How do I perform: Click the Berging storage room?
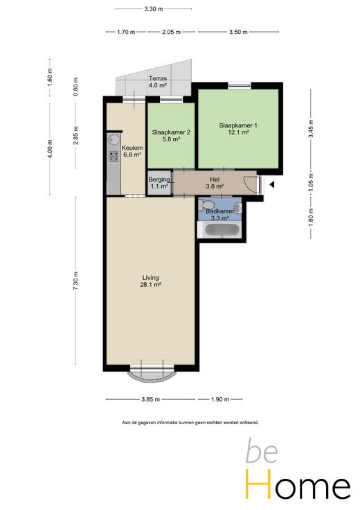point(159,183)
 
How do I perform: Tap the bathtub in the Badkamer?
point(219,230)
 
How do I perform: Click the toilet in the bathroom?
point(206,205)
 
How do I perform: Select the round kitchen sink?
point(114,140)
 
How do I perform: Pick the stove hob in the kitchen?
point(114,157)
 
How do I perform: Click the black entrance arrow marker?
point(272,185)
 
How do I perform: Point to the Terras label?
point(158,78)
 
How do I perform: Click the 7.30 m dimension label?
point(75,281)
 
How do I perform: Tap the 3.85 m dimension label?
point(150,399)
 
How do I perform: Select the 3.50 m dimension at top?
point(238,32)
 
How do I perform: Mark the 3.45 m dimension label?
point(311,129)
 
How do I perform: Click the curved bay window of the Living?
point(152,376)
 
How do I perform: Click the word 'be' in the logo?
point(262,451)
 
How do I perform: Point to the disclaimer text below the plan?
point(190,423)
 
